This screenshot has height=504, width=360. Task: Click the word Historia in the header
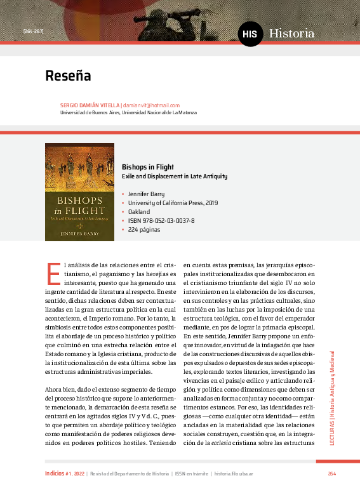291,33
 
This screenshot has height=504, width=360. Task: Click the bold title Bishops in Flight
147,167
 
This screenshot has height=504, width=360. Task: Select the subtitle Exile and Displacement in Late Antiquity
174,176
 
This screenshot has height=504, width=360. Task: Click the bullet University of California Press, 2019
173,202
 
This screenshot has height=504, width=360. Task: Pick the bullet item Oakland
138,211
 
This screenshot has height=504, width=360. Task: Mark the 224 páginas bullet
144,229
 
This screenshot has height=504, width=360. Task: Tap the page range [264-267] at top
32,30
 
